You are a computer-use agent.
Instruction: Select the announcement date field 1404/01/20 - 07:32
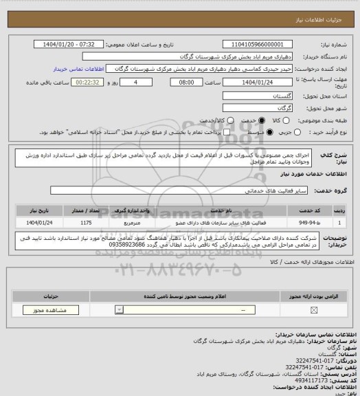[69, 44]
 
